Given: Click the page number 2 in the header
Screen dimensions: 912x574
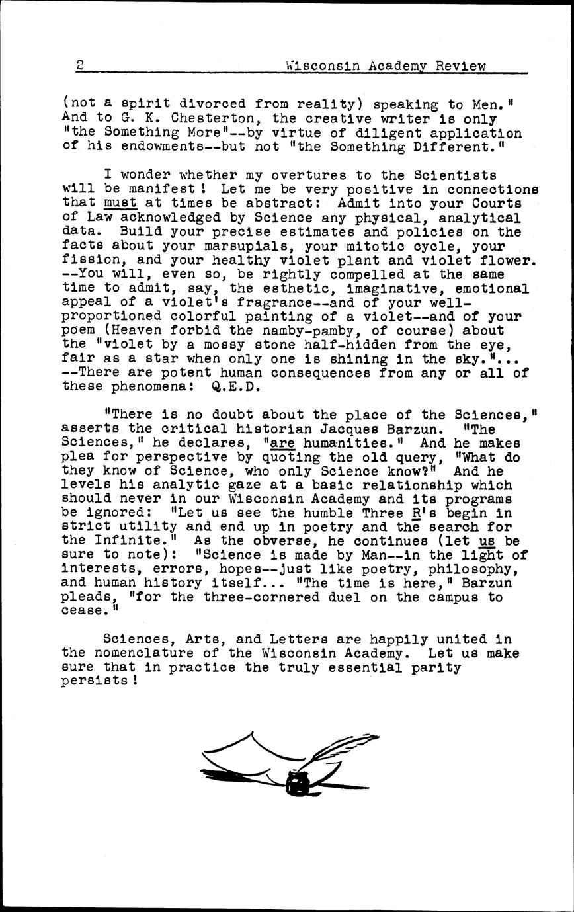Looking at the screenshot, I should point(79,65).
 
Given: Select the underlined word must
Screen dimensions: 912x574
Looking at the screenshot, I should point(120,203).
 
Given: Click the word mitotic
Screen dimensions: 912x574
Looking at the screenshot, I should point(380,246).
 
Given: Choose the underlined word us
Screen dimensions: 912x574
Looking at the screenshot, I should point(486,541).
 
